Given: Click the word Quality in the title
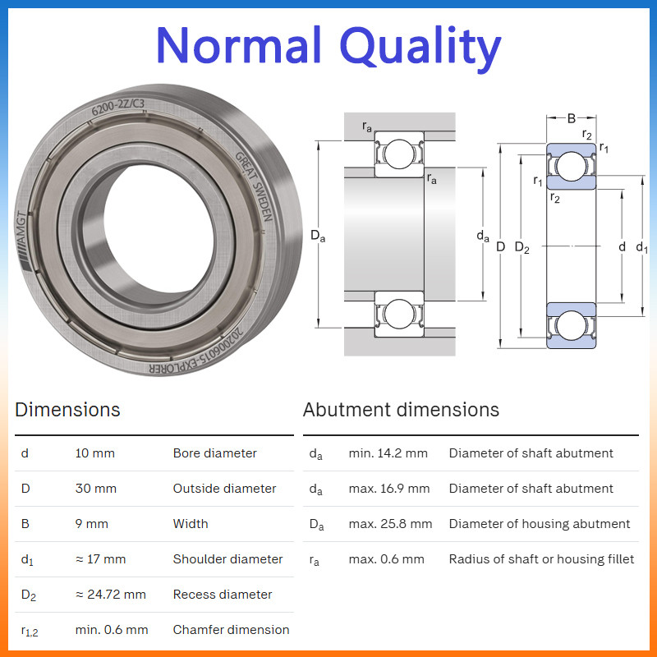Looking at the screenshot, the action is (420, 46).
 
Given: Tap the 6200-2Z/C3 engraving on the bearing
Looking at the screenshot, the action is (117, 107).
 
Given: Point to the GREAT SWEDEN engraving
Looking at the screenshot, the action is (255, 186).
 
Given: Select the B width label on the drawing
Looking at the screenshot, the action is (571, 118).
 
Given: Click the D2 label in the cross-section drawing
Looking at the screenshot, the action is (522, 247).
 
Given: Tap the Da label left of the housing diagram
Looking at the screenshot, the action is (318, 236).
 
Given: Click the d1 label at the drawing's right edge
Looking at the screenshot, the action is (641, 247).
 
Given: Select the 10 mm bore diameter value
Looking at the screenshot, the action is (94, 453).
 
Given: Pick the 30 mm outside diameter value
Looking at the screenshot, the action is (95, 488).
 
